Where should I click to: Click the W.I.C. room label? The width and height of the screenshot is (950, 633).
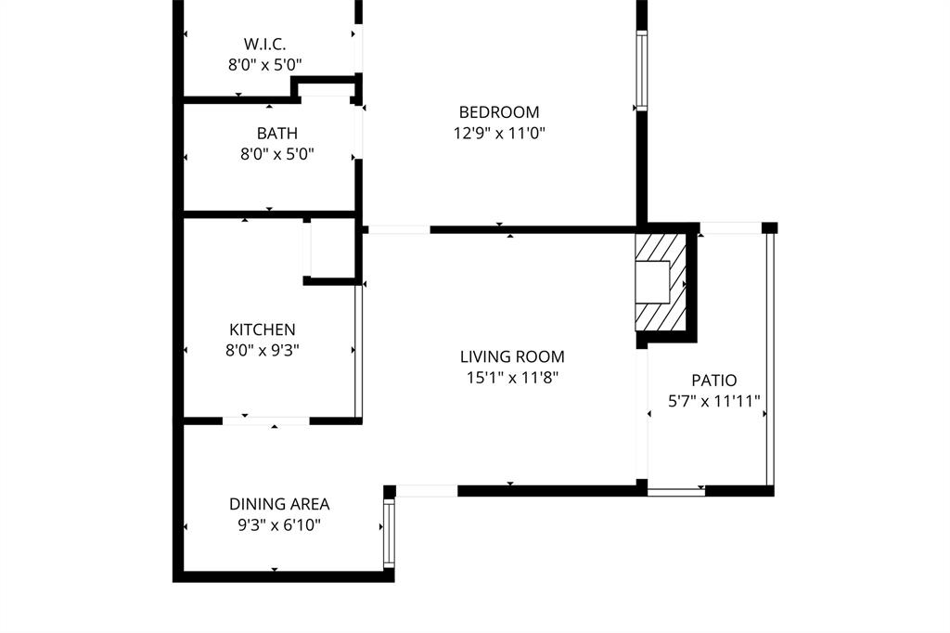point(264,44)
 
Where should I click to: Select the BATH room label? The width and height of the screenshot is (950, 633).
point(276,134)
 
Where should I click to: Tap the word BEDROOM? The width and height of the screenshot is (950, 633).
point(498,112)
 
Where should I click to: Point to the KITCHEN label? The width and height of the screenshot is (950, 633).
point(263,329)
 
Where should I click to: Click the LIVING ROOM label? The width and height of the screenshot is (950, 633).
point(512,356)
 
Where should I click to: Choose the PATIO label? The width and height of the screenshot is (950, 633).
point(714,381)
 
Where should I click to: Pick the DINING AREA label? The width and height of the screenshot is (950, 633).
point(279,504)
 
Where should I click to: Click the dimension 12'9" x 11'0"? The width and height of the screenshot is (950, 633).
point(498,133)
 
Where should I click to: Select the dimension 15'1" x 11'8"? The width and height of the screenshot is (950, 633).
point(512,377)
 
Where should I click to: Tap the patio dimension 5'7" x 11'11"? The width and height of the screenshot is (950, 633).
point(714,401)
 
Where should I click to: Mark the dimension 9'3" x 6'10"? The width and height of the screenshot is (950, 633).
point(279,524)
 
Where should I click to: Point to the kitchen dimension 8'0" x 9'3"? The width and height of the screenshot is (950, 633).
point(263,350)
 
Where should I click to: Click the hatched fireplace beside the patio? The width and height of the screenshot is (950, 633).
point(661,282)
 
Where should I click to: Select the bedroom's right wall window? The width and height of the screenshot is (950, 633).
point(640,71)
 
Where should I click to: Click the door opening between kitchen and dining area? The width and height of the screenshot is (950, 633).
point(265,420)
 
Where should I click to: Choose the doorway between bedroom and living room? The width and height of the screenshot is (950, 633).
point(398,229)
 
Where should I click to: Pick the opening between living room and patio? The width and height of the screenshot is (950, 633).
point(641,413)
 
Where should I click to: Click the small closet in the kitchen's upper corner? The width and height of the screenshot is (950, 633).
point(331,249)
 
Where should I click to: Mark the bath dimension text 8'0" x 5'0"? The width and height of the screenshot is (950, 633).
point(276,154)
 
